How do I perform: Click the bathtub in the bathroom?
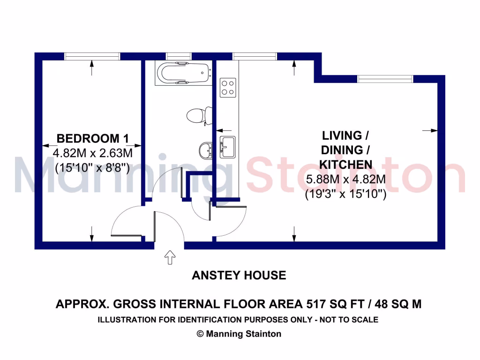point(183,73)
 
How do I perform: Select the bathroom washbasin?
point(205,150)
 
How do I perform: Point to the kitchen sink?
point(228,147)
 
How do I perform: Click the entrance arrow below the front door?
point(169,257)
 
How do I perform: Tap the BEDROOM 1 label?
point(92,138)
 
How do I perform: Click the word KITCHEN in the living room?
point(345,165)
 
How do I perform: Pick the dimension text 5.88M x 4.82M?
point(345,179)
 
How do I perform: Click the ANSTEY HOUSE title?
point(239,275)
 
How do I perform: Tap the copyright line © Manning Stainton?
point(239,334)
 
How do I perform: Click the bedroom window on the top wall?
point(92,56)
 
